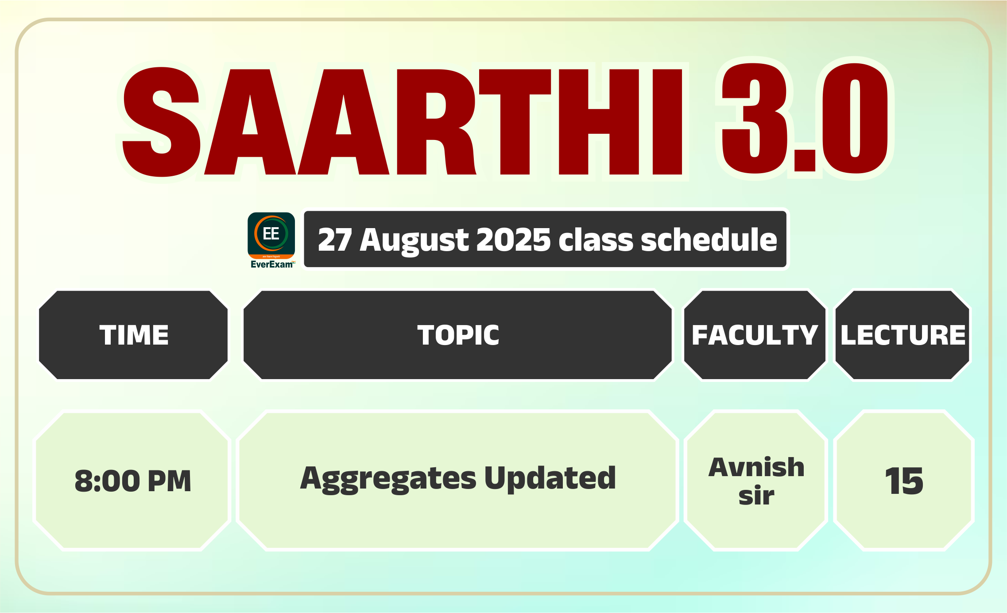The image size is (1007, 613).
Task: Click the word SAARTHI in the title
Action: (x=403, y=122)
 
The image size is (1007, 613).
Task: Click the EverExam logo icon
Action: (x=271, y=236)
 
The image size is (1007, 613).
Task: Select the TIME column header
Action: (x=134, y=335)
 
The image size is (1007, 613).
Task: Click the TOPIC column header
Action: (x=458, y=335)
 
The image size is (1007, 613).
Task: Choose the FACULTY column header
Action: (x=755, y=335)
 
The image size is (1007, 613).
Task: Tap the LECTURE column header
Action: (x=903, y=335)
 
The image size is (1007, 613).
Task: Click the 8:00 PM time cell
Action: (x=133, y=481)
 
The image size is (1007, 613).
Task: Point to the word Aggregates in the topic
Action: (x=388, y=479)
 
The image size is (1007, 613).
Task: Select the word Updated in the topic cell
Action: (x=550, y=478)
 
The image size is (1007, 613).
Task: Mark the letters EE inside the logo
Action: (x=271, y=233)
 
